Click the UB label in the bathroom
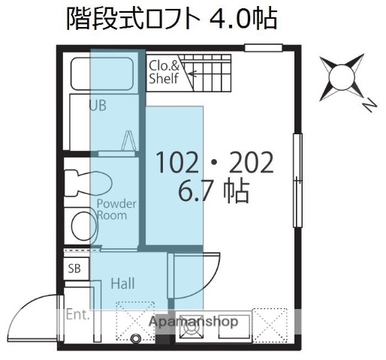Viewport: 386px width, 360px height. pos(98,106)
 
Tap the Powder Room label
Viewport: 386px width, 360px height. pos(115,209)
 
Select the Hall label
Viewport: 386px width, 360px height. pos(122,283)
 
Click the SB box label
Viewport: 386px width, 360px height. pos(74,268)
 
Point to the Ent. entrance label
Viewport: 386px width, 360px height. pos(77,314)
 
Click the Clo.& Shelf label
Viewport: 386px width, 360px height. pos(164,71)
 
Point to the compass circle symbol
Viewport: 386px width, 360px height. pos(341,77)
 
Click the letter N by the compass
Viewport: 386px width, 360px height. pos(369,106)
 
